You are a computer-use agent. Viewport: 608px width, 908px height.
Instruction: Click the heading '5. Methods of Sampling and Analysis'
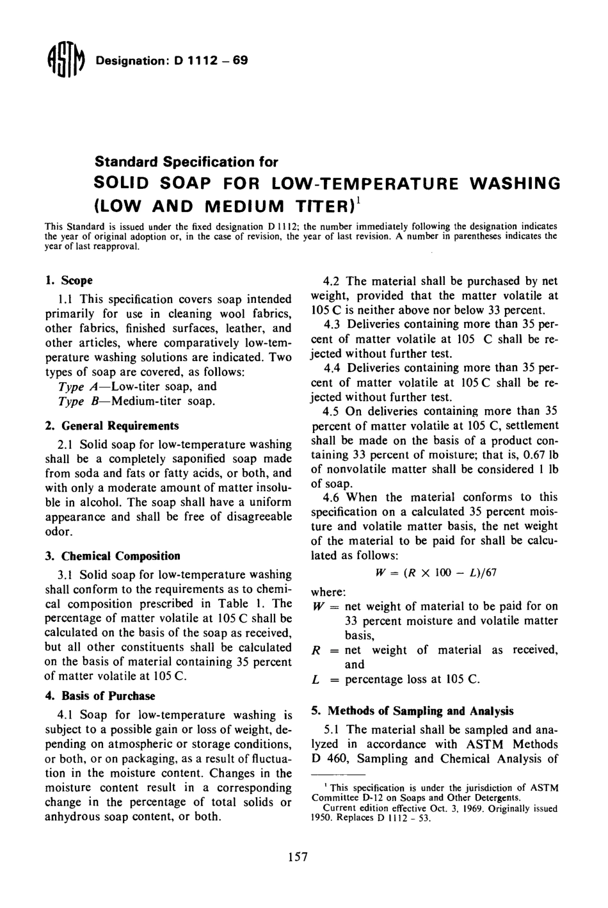coord(412,710)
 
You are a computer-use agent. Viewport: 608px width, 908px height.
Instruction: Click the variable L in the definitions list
coord(316,679)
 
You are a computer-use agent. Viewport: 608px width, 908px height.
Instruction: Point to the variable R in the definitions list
coord(316,651)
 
